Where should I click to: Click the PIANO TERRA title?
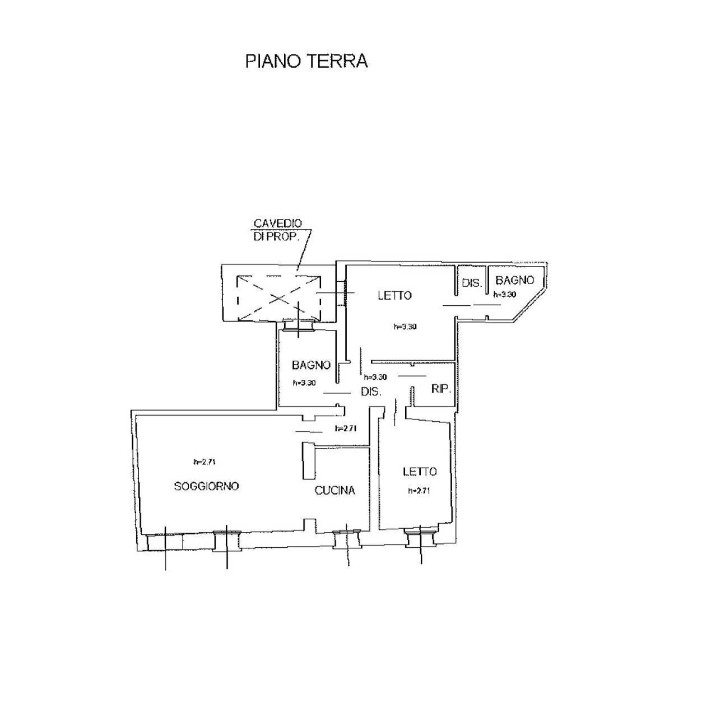coord(306,61)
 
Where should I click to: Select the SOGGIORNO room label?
coord(206,486)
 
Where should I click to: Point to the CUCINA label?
coord(334,491)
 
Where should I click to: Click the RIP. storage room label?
coord(442,388)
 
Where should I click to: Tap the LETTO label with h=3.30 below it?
coord(394,296)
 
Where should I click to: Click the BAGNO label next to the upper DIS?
coord(515,281)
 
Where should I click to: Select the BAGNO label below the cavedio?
coord(311,365)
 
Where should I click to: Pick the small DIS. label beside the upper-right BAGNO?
coord(472,283)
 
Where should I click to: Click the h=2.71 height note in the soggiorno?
coord(205,462)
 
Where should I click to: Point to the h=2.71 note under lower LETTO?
coord(419,491)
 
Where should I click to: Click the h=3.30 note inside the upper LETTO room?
coord(405,327)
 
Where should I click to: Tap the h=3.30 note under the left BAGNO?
coord(305,384)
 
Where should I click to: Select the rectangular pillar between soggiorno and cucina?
coord(308,460)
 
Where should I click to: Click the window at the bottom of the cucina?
coord(346,539)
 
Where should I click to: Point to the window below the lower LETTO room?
coord(420,538)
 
